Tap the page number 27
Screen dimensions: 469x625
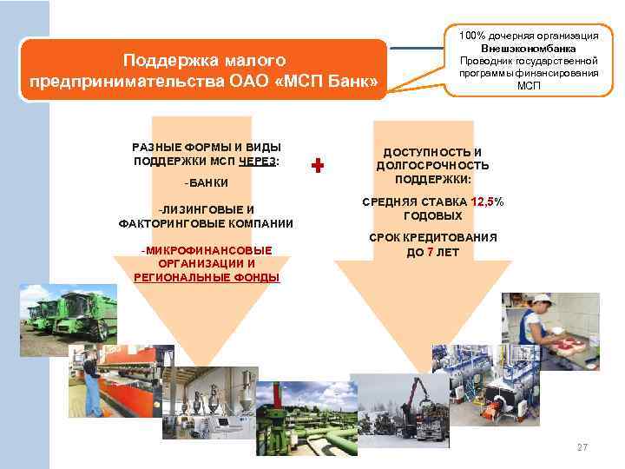point(582,447)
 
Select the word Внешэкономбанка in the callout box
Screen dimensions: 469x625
point(528,49)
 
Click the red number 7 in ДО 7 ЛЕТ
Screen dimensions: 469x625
point(431,252)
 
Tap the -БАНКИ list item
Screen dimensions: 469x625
point(207,183)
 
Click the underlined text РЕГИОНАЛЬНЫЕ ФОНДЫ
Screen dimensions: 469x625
point(207,276)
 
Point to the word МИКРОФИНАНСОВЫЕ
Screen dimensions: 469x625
point(208,250)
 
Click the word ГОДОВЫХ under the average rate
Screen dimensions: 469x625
point(433,215)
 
